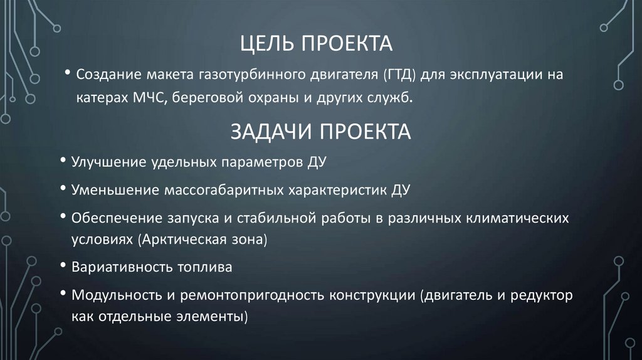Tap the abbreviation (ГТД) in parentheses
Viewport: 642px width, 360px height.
396,75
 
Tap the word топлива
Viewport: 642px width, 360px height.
203,267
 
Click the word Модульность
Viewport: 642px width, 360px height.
111,295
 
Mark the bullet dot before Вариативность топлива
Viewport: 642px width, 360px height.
65,265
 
